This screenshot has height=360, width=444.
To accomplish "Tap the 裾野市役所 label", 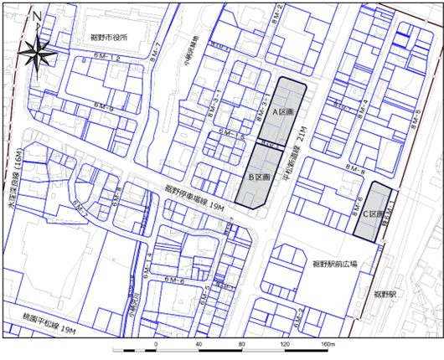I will pos(108,39).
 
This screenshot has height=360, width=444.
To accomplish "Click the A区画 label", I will pos(281,111).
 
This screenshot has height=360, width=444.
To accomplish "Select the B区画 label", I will pos(259,177).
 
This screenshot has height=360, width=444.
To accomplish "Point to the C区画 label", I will pos(373,214).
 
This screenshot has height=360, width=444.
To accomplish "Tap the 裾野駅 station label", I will pos(385,295).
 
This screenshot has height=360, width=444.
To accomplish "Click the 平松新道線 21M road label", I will pos(299,149).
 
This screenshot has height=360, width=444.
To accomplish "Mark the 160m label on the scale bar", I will pos(328,344).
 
